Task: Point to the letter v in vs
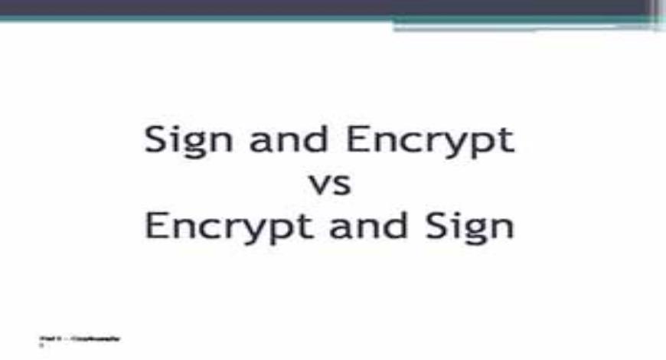click(x=318, y=187)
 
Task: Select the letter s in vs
click(x=341, y=187)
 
